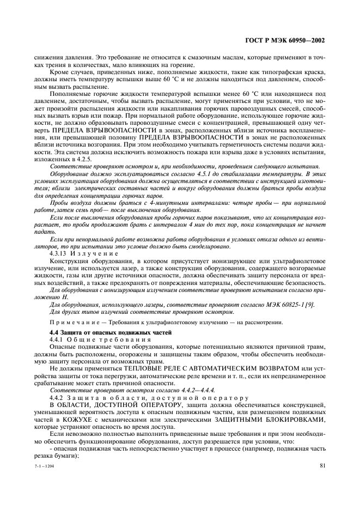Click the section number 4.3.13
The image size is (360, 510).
(x=59, y=253)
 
